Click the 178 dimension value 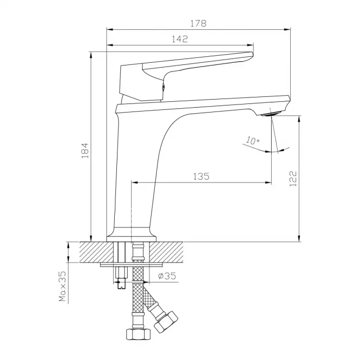(x=198, y=23)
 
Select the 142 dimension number (x=180, y=39)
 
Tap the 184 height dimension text (x=85, y=150)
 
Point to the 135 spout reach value (x=201, y=176)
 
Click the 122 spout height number (x=293, y=179)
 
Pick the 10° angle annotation (x=253, y=140)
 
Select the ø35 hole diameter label (x=167, y=276)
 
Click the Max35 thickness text (x=62, y=286)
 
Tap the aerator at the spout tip (x=271, y=114)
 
